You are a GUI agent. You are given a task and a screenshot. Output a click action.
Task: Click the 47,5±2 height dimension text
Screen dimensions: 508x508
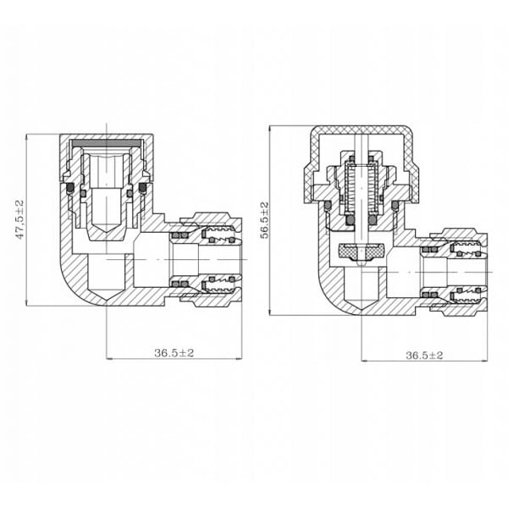click(20, 219)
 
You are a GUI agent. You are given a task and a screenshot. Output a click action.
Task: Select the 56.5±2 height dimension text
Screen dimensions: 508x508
click(265, 220)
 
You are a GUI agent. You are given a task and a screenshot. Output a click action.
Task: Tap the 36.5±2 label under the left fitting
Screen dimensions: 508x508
click(174, 353)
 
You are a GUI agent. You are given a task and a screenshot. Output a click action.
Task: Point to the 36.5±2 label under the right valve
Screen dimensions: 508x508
click(424, 356)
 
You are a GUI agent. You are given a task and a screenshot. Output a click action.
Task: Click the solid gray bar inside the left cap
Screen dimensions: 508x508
click(107, 143)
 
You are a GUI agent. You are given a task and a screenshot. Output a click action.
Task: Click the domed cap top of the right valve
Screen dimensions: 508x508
click(362, 130)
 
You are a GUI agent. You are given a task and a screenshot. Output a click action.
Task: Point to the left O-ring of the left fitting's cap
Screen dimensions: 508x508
click(70, 188)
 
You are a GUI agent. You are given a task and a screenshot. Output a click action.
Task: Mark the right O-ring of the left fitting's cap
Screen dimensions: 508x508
click(142, 188)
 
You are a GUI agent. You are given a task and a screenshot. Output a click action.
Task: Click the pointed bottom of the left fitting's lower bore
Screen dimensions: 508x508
click(107, 299)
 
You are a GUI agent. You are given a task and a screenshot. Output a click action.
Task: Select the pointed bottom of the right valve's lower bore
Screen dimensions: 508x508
click(362, 308)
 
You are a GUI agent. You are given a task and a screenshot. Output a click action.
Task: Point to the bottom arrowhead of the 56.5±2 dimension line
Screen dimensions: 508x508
click(269, 312)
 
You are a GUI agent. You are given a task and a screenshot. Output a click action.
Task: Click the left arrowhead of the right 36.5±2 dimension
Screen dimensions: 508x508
click(363, 361)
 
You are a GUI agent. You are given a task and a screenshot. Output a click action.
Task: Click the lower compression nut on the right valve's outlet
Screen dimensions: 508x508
click(460, 309)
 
